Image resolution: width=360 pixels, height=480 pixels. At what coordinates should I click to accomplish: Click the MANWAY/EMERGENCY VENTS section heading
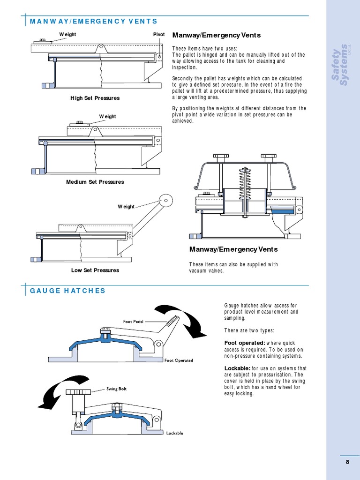[x=93, y=22]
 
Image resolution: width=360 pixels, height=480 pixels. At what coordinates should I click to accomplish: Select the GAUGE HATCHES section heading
[x=67, y=291]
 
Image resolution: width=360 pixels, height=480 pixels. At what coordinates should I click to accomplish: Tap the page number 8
[x=347, y=462]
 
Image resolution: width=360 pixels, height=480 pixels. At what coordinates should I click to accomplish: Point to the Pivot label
[x=159, y=35]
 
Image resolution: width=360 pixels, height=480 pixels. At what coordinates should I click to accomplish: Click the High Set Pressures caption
[x=95, y=98]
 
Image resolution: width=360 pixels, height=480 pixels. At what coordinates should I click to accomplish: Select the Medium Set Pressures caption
[x=95, y=182]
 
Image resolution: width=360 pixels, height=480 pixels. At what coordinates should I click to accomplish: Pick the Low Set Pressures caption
[x=95, y=270]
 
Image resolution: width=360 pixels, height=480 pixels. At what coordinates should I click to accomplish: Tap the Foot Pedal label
[x=133, y=322]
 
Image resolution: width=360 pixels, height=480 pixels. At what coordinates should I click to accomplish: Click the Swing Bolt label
[x=116, y=389]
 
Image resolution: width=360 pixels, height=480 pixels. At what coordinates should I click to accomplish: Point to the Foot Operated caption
[x=179, y=360]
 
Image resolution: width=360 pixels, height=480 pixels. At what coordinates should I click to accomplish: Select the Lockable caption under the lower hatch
[x=174, y=433]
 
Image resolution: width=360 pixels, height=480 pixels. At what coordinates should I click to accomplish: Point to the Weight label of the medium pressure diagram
[x=107, y=116]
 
